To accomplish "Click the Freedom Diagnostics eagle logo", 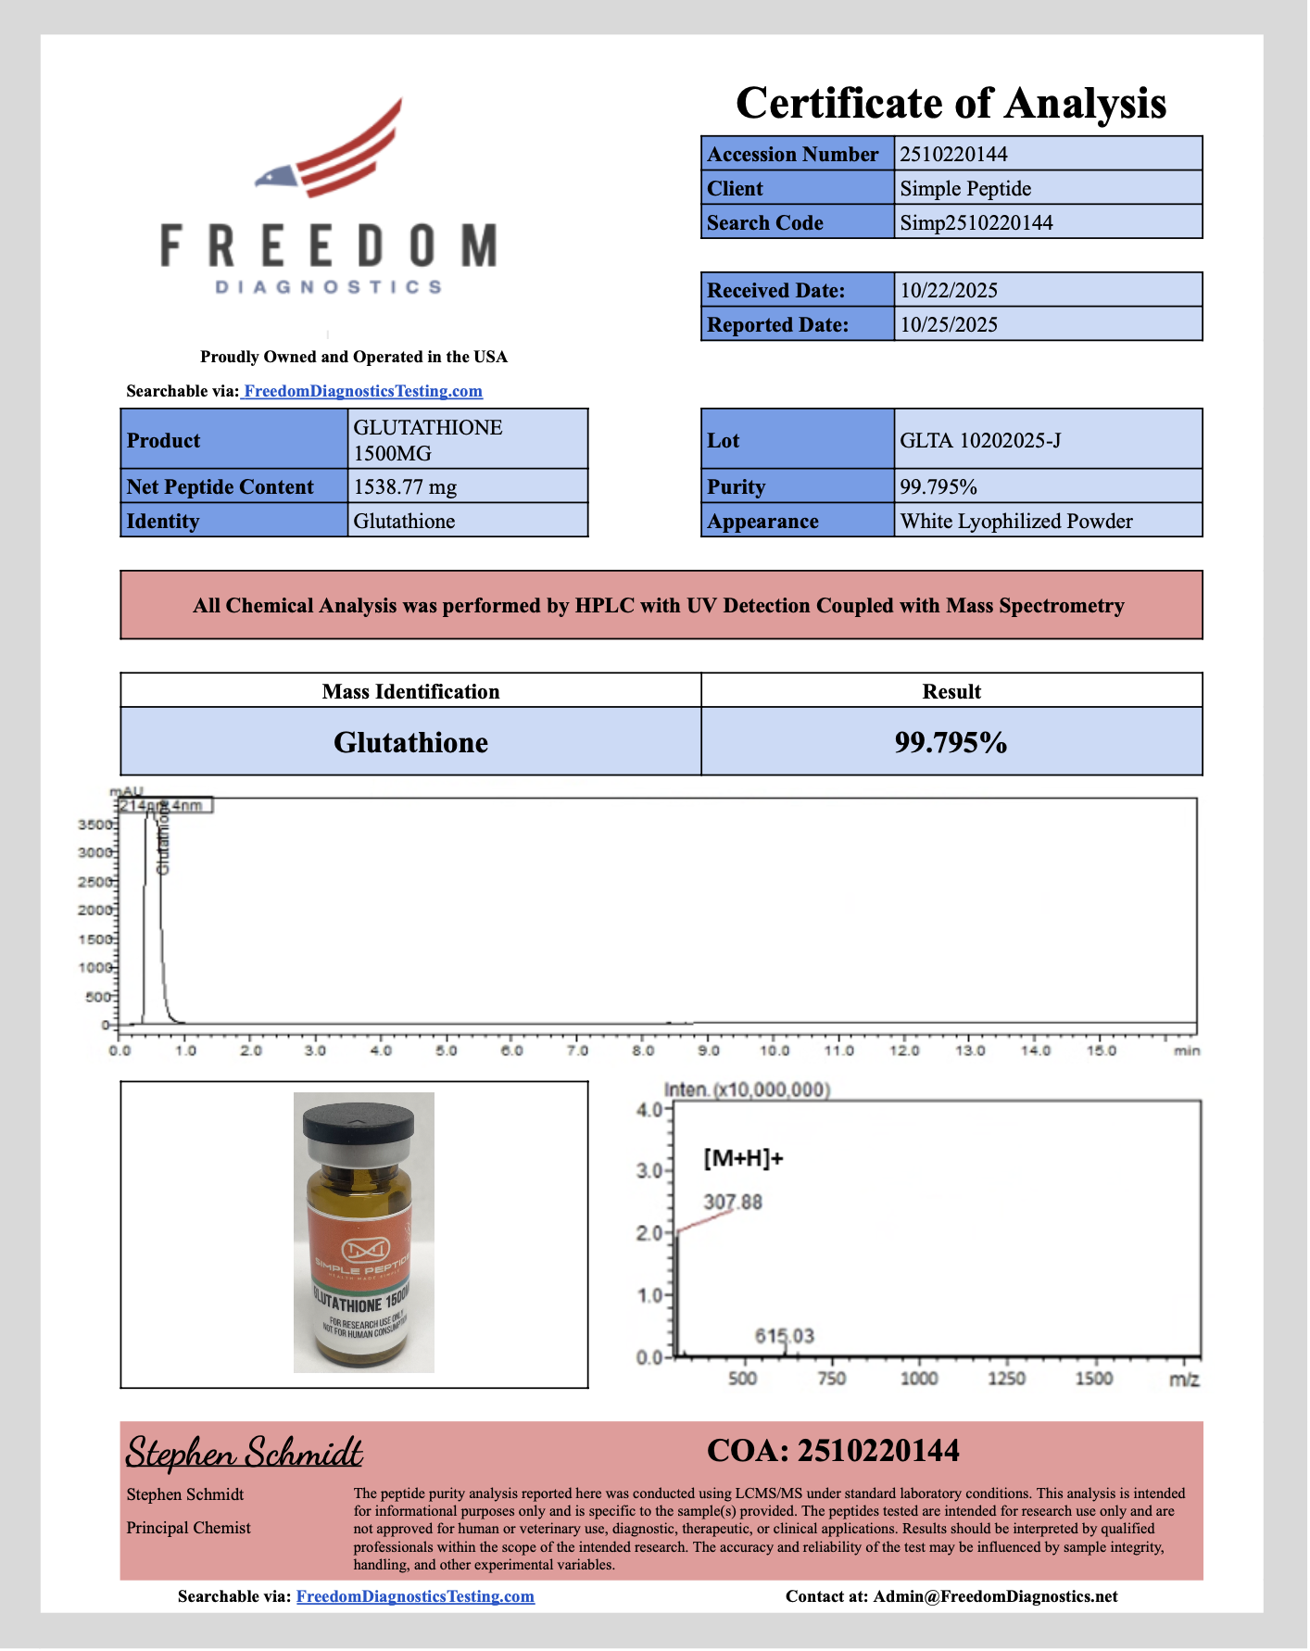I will (329, 148).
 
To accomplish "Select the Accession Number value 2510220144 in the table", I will (953, 154).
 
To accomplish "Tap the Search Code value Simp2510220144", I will (976, 222).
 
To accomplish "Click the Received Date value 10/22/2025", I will (949, 290).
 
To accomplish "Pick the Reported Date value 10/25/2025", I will (949, 324).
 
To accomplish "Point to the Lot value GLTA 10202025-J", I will (980, 440).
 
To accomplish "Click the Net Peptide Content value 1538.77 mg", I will (405, 486).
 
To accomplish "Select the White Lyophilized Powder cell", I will (1016, 521).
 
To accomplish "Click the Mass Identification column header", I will (410, 691).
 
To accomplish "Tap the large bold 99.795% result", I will (951, 742).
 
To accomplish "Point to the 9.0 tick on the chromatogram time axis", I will (709, 1051).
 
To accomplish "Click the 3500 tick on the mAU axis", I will (95, 825).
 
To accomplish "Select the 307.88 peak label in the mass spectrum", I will (732, 1202).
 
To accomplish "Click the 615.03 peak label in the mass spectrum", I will (784, 1336).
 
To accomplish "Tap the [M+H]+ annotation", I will (743, 1157).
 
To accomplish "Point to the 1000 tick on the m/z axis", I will (918, 1379).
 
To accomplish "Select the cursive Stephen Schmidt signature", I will (244, 1452).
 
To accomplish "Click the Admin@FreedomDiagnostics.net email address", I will (995, 1596).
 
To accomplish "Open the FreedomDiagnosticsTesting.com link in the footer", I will (415, 1596).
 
